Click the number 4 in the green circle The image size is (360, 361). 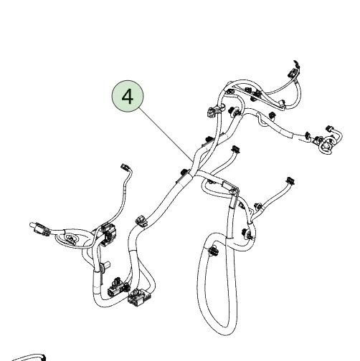tap(128, 97)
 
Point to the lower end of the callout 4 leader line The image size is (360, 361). tap(192, 161)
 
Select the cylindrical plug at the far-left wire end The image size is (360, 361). tap(37, 228)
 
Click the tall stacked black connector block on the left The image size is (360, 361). tap(109, 235)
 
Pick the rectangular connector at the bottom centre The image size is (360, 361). tap(139, 298)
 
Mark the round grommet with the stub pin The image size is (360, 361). tap(104, 266)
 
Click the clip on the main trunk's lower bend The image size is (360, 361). tap(142, 221)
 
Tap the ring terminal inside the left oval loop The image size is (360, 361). tap(70, 238)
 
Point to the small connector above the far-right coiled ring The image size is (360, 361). tap(330, 128)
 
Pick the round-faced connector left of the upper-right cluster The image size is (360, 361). tap(213, 112)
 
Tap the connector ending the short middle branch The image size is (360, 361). tap(236, 150)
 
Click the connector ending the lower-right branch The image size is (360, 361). tap(290, 180)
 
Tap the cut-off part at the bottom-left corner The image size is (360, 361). tap(29, 357)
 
